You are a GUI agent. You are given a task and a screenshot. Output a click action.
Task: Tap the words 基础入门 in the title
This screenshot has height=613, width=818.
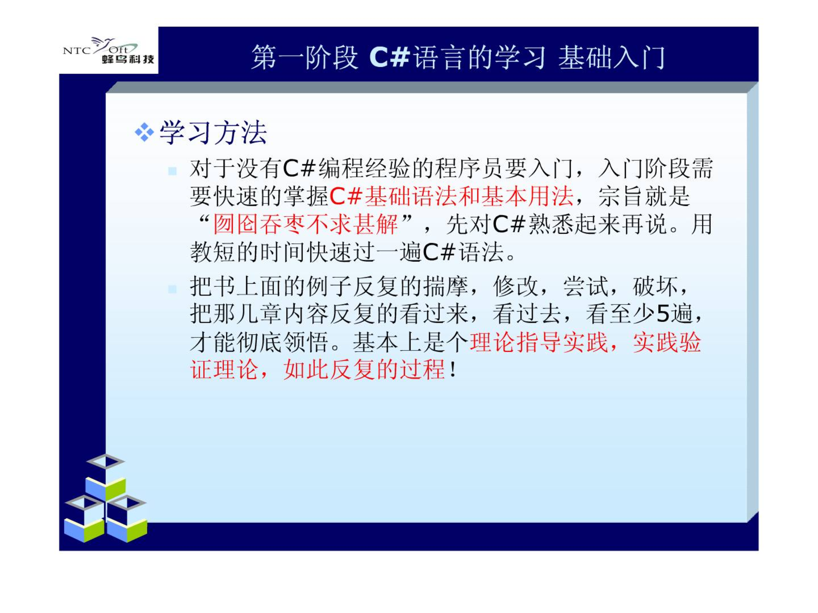coord(612,57)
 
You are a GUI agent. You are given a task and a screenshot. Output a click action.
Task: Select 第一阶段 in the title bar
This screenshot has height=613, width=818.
coord(305,57)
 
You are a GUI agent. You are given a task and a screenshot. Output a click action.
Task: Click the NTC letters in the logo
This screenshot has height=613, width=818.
coord(77,51)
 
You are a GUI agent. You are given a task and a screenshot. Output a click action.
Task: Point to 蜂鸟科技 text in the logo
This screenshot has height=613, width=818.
coord(128,59)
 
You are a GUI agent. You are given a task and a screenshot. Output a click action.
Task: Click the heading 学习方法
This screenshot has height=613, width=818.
coord(213,132)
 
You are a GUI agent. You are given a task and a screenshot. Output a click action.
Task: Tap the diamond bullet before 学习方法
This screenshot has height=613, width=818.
coord(144,132)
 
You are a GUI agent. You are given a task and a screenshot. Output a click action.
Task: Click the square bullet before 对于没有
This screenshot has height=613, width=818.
coord(173,171)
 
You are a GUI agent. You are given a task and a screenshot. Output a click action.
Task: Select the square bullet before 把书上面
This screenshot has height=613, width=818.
coord(173,289)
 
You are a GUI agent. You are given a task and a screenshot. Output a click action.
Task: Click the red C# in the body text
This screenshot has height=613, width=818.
coord(346,196)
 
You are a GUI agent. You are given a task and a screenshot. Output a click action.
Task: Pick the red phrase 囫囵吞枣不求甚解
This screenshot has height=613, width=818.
coord(305,224)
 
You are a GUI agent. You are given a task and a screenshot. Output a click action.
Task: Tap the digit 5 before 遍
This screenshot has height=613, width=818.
coord(663,314)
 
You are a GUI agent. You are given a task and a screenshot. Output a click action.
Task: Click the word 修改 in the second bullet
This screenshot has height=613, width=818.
coord(516,286)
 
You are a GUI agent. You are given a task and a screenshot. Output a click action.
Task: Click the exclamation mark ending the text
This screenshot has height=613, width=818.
coord(453,369)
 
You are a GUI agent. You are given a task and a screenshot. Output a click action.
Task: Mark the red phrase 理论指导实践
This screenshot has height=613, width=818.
coord(539,342)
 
